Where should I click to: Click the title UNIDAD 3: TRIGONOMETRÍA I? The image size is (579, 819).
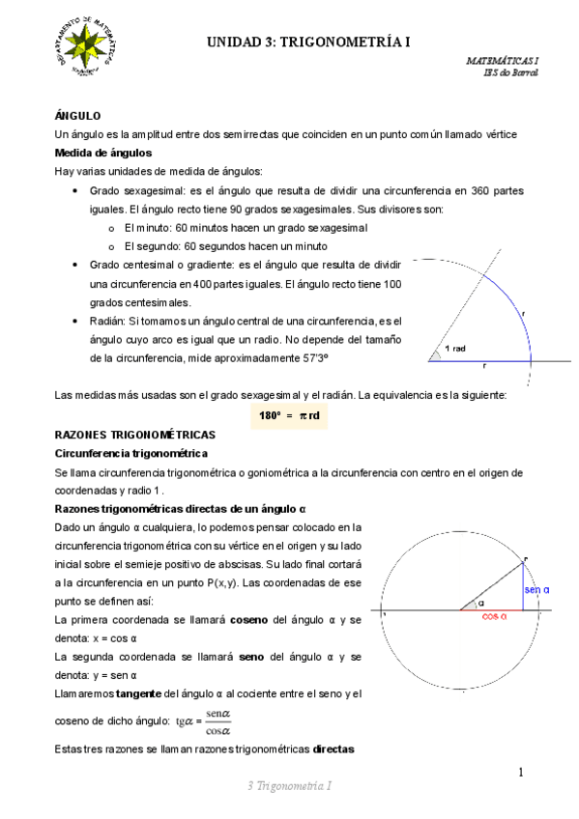pos(308,42)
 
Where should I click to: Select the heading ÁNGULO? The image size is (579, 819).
pos(78,115)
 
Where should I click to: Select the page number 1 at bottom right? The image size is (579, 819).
pos(519,773)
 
